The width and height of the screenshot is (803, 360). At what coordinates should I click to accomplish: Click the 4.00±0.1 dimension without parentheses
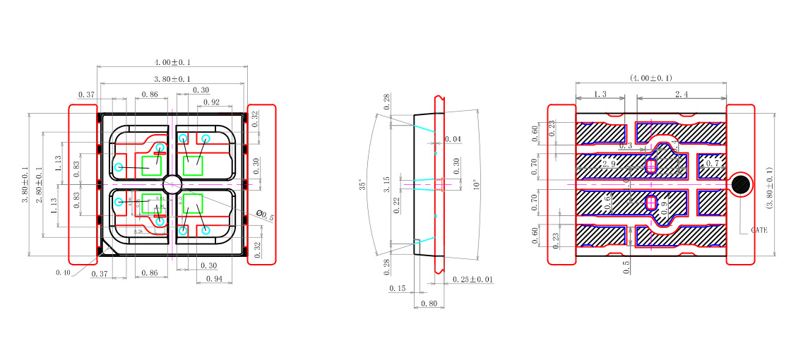tap(172, 63)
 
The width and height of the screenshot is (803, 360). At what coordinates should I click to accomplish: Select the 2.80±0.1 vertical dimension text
tap(41, 184)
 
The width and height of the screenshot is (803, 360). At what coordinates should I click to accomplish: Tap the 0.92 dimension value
tap(211, 102)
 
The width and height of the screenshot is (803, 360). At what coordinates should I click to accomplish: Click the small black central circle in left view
tap(172, 185)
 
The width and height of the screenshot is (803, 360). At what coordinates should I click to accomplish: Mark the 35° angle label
tap(363, 186)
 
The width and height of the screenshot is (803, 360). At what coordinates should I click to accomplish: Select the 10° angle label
tap(476, 185)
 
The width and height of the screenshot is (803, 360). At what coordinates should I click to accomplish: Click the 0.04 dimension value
tap(453, 140)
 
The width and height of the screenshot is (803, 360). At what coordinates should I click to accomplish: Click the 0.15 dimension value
tap(398, 289)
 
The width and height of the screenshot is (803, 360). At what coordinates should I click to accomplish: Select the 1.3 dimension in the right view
tap(600, 94)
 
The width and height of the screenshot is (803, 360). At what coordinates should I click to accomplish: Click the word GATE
tap(759, 230)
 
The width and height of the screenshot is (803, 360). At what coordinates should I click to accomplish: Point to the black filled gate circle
tap(741, 185)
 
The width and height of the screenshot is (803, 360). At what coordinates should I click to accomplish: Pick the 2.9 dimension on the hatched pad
tap(609, 163)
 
